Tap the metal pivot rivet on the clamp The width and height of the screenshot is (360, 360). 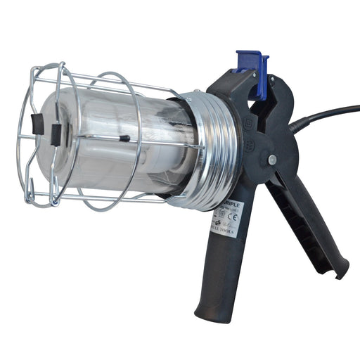(x=271, y=160)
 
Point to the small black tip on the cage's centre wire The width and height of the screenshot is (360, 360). (x=124, y=139)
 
